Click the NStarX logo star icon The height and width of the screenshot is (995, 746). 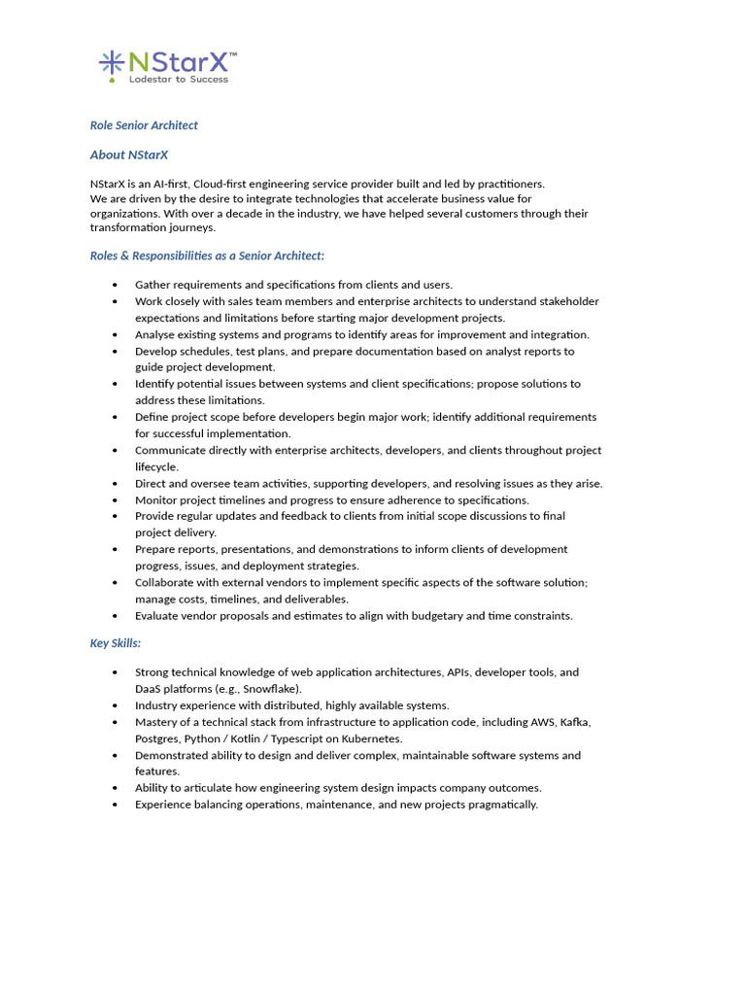(x=112, y=63)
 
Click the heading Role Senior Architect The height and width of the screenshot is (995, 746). (x=144, y=125)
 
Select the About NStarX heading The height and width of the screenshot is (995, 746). (x=129, y=154)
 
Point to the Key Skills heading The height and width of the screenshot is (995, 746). (x=116, y=643)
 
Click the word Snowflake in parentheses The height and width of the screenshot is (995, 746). (x=272, y=689)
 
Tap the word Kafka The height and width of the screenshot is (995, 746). (x=575, y=722)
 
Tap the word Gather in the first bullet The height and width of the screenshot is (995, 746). (x=153, y=285)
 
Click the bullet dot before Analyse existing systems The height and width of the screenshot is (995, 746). (x=116, y=334)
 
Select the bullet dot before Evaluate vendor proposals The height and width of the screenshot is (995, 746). (x=116, y=615)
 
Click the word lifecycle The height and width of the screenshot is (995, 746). (x=156, y=466)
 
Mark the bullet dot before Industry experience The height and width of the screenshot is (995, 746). (x=116, y=705)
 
